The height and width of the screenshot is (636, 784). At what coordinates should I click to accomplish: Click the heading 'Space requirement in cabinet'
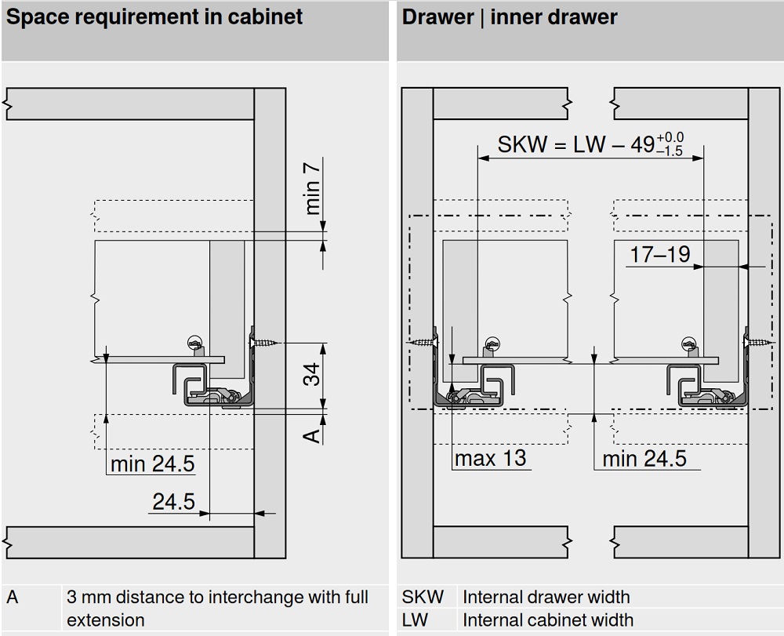[154, 18]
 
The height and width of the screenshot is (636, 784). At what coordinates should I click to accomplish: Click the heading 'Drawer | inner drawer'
[510, 18]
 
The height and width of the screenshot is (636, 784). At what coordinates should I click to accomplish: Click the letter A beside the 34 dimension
[312, 434]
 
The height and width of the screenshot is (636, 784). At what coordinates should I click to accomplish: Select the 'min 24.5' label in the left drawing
[151, 464]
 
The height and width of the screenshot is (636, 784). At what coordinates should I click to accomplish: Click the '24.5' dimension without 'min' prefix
[173, 501]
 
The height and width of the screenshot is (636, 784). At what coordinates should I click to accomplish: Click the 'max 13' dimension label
[491, 458]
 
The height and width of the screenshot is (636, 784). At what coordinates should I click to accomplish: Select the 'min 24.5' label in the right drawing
[644, 458]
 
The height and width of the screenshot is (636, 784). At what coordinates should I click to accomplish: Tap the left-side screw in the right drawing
[421, 343]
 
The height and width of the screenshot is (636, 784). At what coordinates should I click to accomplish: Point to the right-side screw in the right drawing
[759, 342]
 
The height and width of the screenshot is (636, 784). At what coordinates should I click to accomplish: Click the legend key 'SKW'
[423, 598]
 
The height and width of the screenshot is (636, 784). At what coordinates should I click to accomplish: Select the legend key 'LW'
[416, 620]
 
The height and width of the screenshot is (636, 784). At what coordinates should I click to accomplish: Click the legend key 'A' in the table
[13, 598]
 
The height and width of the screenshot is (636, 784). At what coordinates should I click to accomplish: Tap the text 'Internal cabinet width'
[547, 620]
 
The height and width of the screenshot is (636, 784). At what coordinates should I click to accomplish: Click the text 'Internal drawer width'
[546, 598]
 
